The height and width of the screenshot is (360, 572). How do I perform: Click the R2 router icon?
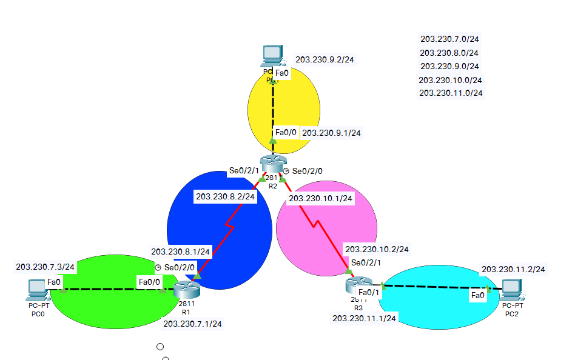[x=272, y=164]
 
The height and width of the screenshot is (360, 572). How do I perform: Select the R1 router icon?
[x=186, y=290]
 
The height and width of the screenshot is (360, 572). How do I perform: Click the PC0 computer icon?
[x=38, y=290]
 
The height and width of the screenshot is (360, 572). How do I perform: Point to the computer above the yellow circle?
[x=272, y=56]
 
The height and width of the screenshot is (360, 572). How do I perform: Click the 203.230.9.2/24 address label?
[x=325, y=60]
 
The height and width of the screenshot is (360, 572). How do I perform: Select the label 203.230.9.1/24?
[x=331, y=133]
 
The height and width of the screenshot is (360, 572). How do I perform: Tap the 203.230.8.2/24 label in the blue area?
[x=225, y=197]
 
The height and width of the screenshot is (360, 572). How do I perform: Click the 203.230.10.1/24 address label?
[x=320, y=198]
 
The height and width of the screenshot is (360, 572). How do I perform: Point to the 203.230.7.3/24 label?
[x=45, y=267]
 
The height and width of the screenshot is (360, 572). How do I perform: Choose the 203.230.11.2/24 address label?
[x=513, y=269]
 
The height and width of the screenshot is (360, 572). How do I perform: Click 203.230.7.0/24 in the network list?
[x=449, y=39]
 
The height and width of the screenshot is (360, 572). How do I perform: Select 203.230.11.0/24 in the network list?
[x=451, y=93]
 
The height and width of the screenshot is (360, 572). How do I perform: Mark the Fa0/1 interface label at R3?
[x=369, y=293]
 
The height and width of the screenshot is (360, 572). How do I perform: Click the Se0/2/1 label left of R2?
[x=243, y=172]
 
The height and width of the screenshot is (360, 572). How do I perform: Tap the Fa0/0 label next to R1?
[x=149, y=282]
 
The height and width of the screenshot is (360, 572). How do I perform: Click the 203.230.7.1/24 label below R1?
[x=192, y=324]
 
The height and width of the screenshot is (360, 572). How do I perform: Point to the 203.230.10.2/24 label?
[x=376, y=249]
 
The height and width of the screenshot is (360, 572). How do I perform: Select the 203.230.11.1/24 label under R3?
[x=364, y=318]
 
